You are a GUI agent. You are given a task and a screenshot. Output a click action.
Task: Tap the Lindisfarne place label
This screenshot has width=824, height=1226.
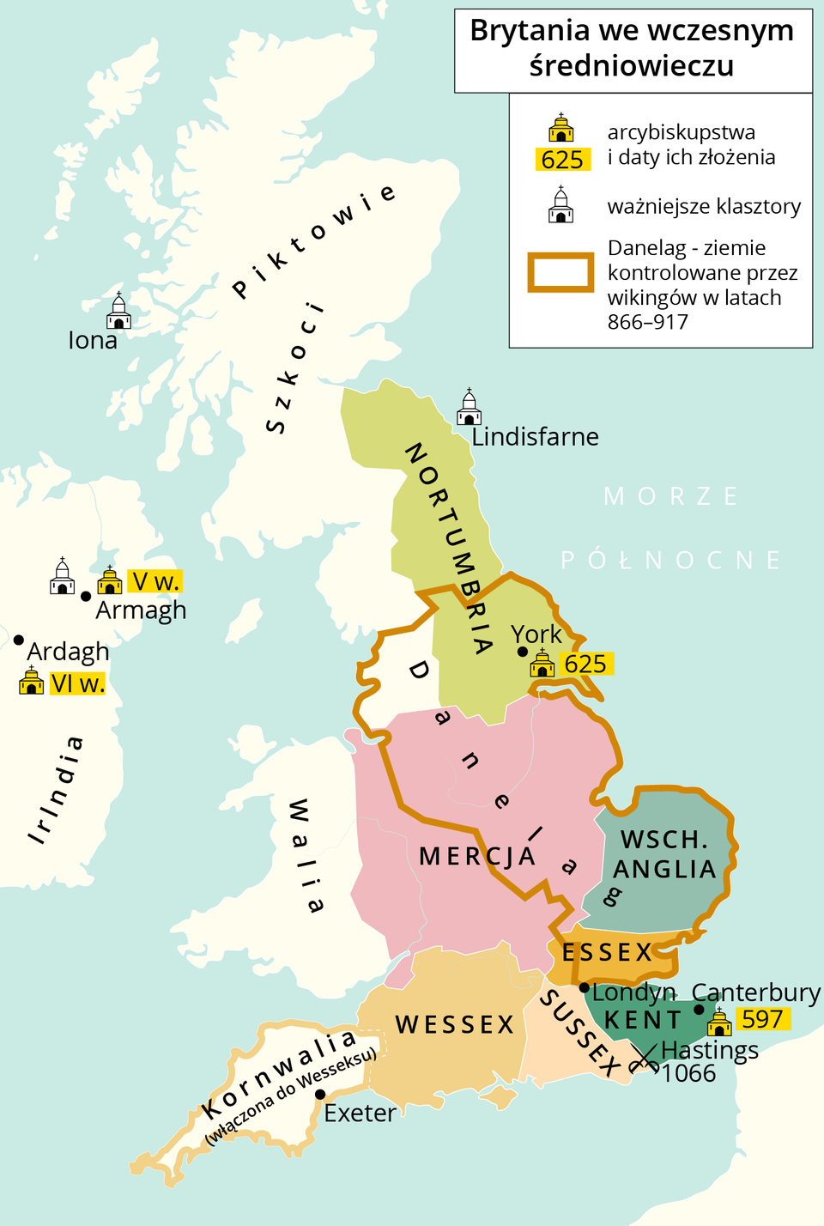[535, 437]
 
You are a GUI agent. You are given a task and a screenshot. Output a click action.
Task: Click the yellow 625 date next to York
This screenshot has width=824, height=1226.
[585, 664]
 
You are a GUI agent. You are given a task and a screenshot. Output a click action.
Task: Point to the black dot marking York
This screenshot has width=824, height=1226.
[523, 652]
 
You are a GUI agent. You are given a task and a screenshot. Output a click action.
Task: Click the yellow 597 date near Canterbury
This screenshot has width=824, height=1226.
[762, 1019]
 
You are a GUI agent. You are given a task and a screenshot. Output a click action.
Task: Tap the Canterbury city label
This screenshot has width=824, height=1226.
[756, 992]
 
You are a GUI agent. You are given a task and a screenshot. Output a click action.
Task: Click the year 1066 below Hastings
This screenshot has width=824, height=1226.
[688, 1074]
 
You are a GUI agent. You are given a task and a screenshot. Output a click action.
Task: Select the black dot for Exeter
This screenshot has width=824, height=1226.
[320, 1095]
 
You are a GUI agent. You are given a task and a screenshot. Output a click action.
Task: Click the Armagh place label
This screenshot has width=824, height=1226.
[141, 610]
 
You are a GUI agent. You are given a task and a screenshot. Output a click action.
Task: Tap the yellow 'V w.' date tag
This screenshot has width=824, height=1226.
[154, 582]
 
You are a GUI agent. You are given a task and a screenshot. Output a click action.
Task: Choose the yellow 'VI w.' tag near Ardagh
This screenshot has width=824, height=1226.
[77, 683]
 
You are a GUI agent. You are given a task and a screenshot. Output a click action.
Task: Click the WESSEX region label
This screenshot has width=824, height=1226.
[455, 1025]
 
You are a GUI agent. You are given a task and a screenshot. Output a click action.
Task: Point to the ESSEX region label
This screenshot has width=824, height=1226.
[608, 952]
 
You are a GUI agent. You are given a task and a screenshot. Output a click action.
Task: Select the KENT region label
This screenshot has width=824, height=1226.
[643, 1020]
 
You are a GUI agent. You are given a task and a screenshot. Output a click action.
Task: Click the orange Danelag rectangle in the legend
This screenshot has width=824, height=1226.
[560, 273]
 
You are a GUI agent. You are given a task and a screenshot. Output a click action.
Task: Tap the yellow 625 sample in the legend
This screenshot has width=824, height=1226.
[562, 160]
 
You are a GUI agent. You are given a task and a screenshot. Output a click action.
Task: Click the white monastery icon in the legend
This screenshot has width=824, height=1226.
[561, 205]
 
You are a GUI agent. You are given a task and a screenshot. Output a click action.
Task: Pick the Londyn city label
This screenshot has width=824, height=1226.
[633, 992]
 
